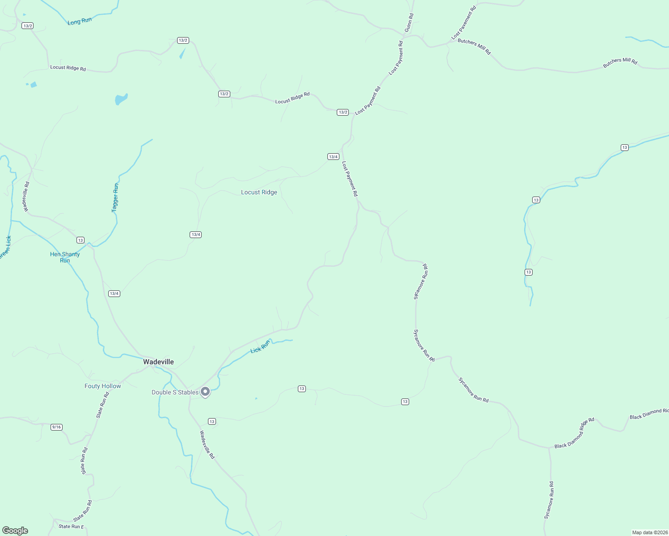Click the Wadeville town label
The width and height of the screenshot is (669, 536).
point(158,362)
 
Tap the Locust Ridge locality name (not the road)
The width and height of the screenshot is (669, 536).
point(259,193)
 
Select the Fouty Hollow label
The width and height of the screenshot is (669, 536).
point(103,386)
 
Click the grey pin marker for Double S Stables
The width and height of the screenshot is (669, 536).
point(205,392)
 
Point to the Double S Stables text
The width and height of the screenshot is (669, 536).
point(175,393)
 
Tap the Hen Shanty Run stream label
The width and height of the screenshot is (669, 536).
point(65,257)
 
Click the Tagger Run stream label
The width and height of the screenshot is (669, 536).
point(115,197)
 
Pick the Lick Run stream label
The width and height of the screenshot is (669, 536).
point(260,347)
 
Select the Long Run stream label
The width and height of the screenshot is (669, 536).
point(80,21)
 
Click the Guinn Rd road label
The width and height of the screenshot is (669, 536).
point(409,22)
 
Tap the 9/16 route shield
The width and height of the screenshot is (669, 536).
point(56,427)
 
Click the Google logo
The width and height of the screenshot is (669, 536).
point(15,531)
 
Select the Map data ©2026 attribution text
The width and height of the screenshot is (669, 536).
point(649,532)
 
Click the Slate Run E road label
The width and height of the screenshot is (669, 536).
point(71,527)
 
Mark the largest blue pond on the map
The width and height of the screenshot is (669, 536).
point(121,99)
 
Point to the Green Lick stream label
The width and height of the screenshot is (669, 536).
point(5,248)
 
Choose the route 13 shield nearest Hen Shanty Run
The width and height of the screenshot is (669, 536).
point(80,240)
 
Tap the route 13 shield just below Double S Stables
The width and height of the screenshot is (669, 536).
point(212,422)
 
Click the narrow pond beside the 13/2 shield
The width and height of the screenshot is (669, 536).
point(182,54)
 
